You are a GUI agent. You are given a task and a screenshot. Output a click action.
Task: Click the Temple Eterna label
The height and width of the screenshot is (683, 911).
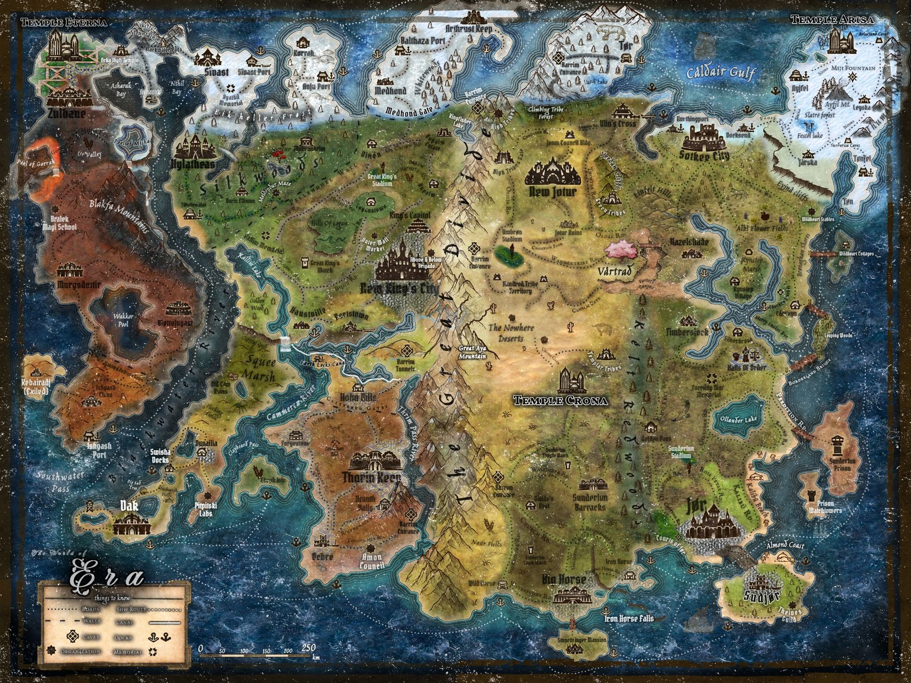point(64,23)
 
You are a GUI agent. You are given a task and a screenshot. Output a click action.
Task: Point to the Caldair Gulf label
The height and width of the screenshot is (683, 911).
point(721,73)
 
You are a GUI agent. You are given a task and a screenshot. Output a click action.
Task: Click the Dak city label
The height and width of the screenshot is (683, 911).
point(130,505)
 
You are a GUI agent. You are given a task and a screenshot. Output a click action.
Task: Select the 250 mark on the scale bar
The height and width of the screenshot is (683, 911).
point(308,648)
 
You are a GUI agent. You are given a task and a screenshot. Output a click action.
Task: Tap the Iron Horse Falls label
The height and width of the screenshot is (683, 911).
point(629,618)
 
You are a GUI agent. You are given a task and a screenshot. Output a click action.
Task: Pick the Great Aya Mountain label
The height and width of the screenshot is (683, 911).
point(472,352)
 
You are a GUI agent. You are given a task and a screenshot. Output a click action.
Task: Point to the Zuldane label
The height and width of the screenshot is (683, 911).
point(66,114)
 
